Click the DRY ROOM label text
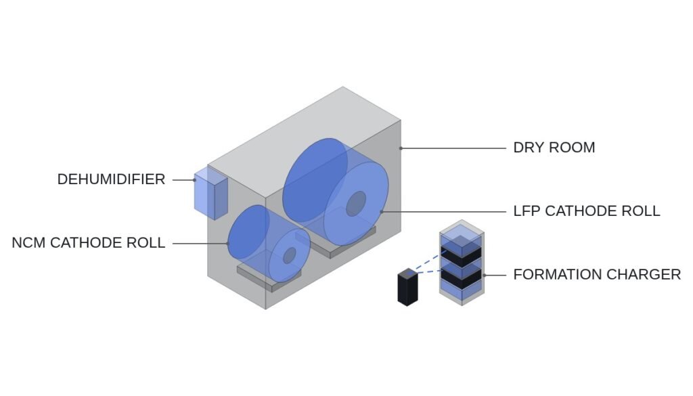[x=554, y=148]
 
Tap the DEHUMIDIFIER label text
[x=112, y=179]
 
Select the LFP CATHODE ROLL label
[x=587, y=211]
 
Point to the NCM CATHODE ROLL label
[x=89, y=243]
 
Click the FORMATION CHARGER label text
[x=597, y=275]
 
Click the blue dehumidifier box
[x=211, y=193]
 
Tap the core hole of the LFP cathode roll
[x=356, y=204]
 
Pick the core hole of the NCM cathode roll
[x=290, y=255]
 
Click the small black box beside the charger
[x=407, y=287]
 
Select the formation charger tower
[x=462, y=263]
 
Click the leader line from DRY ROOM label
[x=453, y=148]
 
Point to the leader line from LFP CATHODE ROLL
[x=443, y=212]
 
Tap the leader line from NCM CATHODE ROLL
[x=200, y=244]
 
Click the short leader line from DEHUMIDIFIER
[x=184, y=180]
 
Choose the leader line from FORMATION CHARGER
[x=495, y=275]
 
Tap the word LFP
[x=527, y=211]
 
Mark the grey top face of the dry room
[x=304, y=141]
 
